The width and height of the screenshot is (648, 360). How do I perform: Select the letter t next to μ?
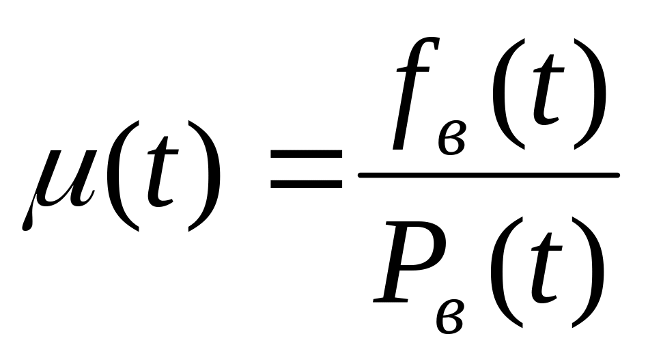159,179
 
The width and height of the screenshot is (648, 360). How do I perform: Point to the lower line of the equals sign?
305,184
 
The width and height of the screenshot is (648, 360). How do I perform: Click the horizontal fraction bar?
488,176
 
